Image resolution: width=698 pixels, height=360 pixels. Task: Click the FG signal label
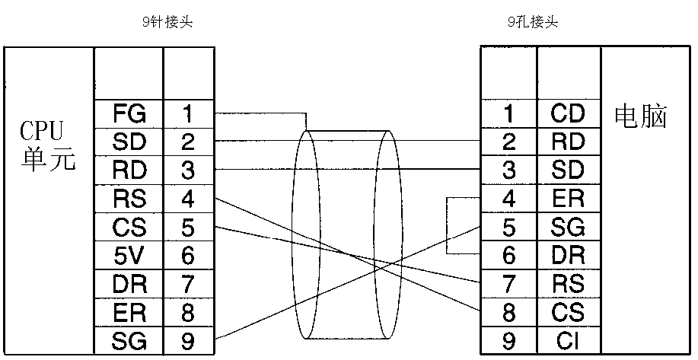tap(129, 114)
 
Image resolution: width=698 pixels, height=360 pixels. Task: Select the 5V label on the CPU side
tap(129, 256)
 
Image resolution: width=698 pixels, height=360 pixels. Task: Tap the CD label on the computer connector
tap(568, 114)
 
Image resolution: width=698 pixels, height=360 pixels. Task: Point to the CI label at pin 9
tap(568, 340)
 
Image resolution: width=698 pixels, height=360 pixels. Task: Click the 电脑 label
tap(640, 118)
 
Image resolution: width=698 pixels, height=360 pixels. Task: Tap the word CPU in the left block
tap(43, 130)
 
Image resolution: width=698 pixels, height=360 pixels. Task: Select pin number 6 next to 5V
tap(187, 256)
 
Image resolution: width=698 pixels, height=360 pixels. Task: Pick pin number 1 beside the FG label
tap(187, 114)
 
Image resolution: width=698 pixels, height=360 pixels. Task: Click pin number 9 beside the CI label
tap(509, 340)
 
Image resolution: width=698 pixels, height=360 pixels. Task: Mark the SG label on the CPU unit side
tap(129, 340)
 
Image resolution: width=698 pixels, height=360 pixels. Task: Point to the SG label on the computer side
tap(568, 227)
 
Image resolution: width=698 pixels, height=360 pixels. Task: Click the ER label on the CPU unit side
tap(129, 312)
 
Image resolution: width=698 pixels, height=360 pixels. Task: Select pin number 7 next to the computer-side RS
tap(509, 284)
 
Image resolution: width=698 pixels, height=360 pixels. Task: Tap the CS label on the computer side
tap(568, 312)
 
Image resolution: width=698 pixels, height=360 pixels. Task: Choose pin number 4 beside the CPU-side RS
tap(187, 199)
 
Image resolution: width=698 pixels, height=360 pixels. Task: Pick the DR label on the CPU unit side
tap(129, 284)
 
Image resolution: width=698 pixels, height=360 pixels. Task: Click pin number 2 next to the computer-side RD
tap(509, 142)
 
